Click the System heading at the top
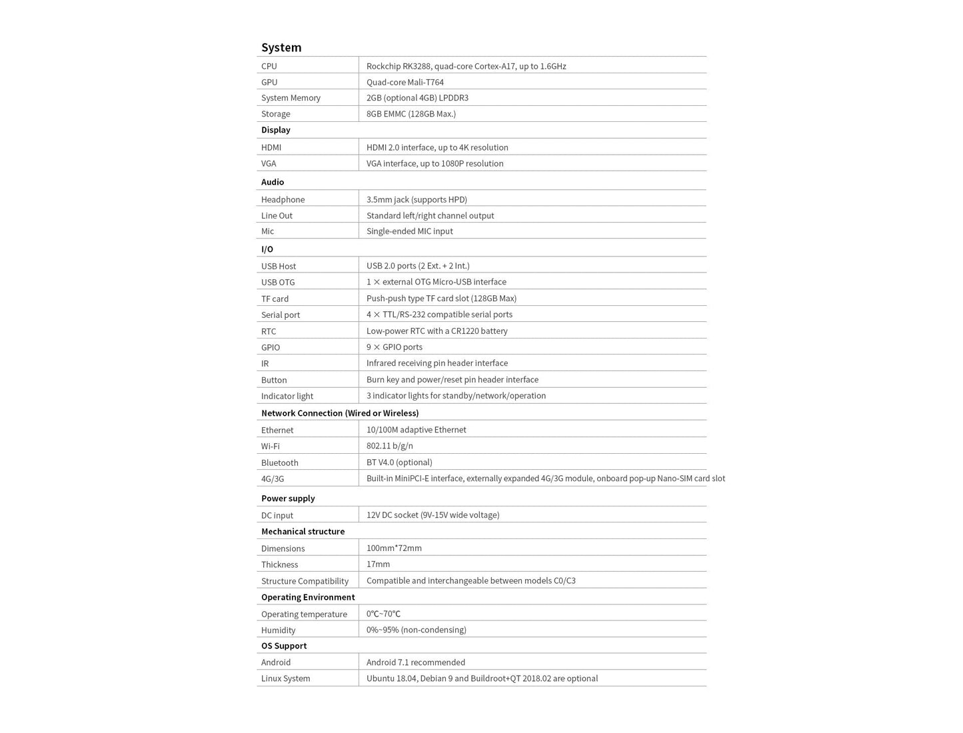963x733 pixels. tap(281, 47)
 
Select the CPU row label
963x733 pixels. tap(269, 66)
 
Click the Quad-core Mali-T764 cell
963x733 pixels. tap(405, 82)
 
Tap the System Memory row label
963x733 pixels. tap(291, 98)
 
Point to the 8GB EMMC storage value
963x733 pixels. tap(411, 114)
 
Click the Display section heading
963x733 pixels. tap(276, 130)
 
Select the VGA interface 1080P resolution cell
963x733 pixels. tap(435, 163)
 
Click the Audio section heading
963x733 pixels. tap(273, 182)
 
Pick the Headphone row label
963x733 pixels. tap(283, 199)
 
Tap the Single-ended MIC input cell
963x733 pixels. tap(409, 231)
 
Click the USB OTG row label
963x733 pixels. tap(278, 283)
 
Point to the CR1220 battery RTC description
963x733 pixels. tap(437, 331)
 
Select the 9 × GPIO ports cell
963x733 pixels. tap(394, 347)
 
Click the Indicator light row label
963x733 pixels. tap(287, 396)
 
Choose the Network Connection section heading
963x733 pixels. tap(340, 413)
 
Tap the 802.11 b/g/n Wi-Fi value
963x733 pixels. tap(389, 446)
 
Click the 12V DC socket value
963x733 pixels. tap(433, 515)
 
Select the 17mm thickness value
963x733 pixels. tap(378, 564)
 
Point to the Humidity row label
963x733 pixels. tap(278, 630)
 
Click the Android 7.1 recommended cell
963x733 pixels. tap(415, 662)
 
